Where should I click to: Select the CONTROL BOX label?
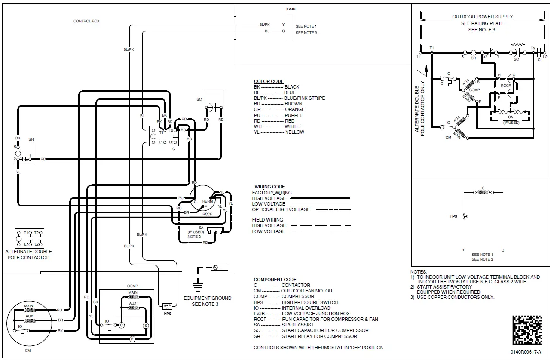(86, 21)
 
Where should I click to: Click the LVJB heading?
(291, 9)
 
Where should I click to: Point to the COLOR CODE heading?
(269, 81)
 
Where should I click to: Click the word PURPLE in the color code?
(294, 115)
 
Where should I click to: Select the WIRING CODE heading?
(269, 187)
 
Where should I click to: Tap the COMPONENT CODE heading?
(275, 280)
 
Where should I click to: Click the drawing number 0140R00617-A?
(526, 352)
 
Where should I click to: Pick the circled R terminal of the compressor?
(132, 339)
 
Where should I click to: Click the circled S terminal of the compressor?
(145, 326)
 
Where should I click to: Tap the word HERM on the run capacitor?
(207, 201)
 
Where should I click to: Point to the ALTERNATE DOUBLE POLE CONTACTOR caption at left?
(28, 255)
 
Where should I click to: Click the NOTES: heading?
(419, 272)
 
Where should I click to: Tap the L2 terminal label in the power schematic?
(545, 57)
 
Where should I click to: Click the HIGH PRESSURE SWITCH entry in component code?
(309, 302)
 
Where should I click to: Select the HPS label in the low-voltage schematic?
(453, 216)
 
